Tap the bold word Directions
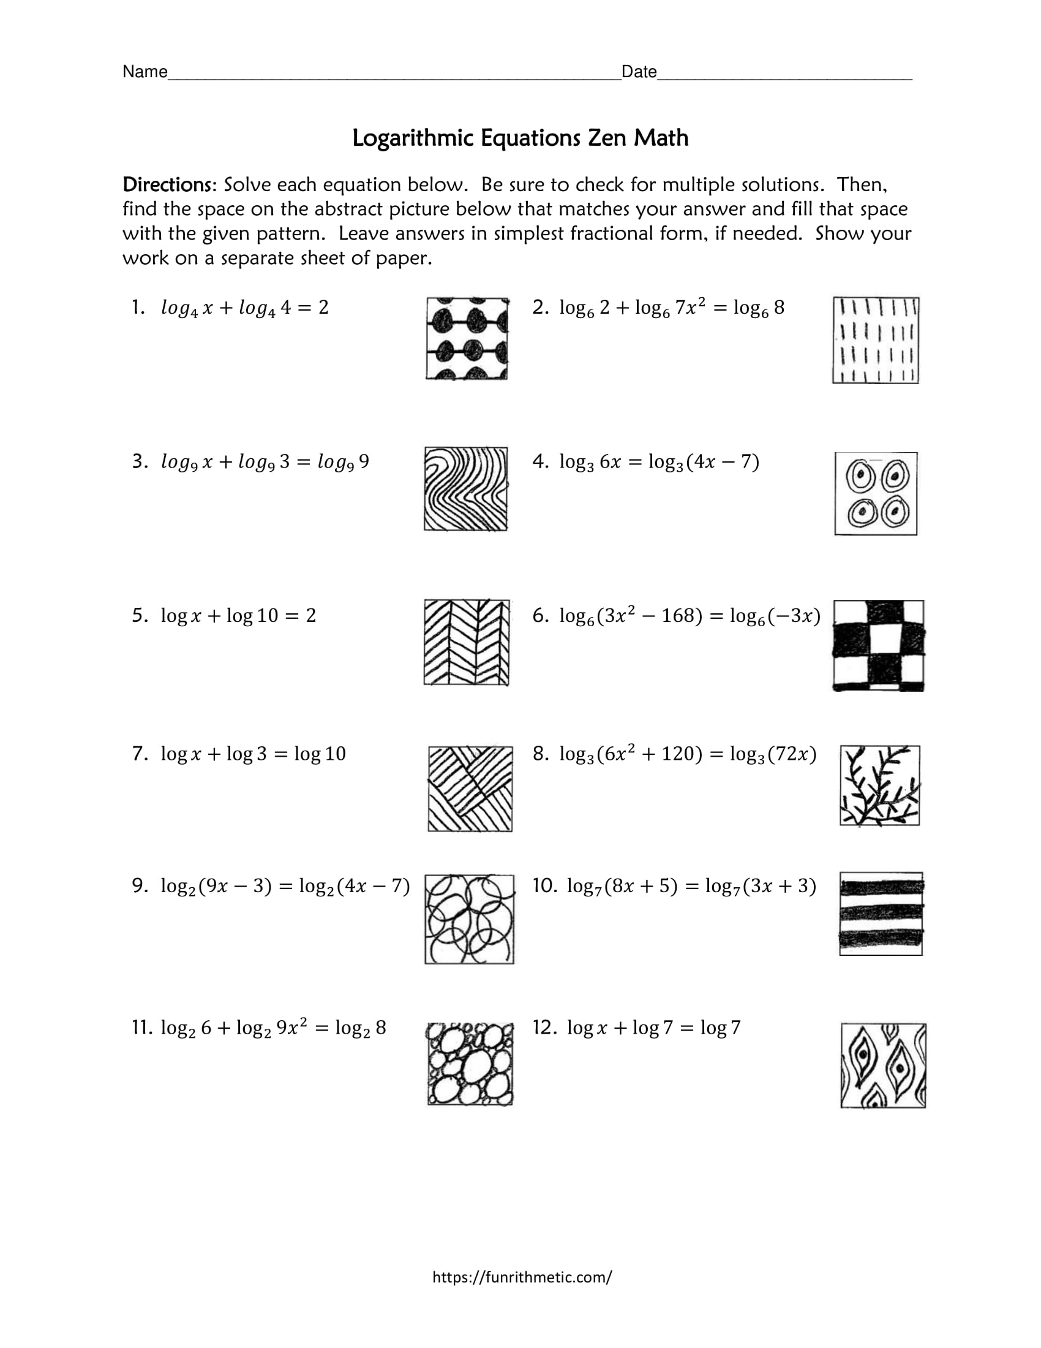167,184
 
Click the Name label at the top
145,72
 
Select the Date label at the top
639,72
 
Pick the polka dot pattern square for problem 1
467,339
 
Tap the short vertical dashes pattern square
876,340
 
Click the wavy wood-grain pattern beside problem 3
466,489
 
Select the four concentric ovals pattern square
876,494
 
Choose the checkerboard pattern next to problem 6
878,645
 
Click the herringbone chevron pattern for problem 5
467,642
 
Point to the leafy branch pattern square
880,785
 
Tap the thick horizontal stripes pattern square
881,914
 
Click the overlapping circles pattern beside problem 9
469,919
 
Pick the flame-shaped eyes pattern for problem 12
883,1066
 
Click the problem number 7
139,754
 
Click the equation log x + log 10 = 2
238,615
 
